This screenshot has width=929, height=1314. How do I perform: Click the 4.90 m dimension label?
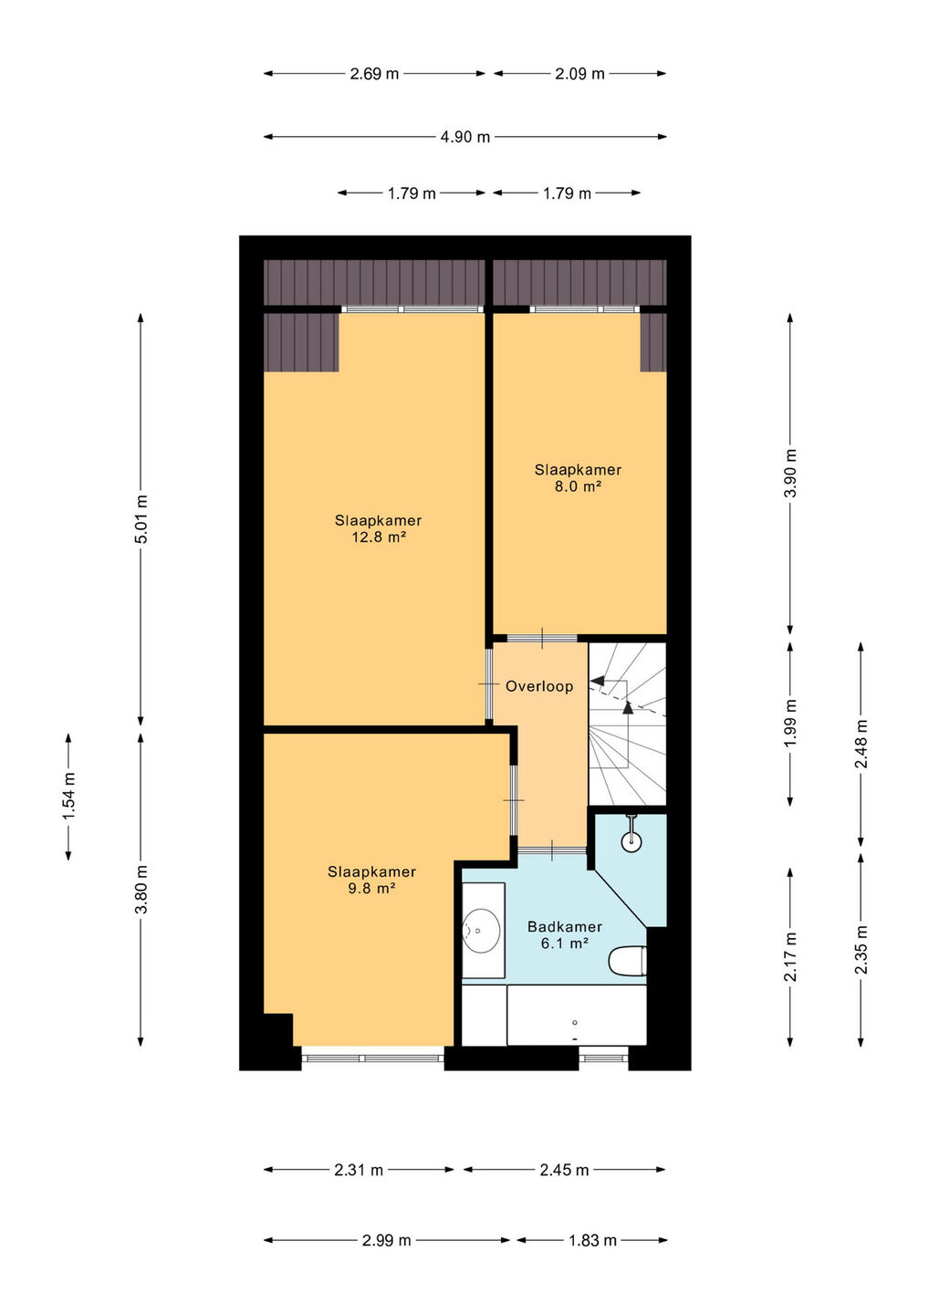465,137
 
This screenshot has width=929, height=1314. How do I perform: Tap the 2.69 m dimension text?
374,74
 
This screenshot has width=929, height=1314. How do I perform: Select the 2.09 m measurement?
579,74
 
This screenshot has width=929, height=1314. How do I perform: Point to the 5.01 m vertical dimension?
141,520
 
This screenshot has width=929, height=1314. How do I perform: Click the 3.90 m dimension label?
790,473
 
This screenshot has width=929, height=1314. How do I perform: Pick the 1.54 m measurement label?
69,798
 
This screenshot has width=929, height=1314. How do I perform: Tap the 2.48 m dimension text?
861,744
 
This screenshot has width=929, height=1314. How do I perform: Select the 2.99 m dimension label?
386,1241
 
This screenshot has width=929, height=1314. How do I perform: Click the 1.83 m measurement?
592,1241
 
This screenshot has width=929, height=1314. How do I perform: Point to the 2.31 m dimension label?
359,1170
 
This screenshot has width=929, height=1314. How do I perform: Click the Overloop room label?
539,686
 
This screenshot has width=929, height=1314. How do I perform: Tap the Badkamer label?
564,927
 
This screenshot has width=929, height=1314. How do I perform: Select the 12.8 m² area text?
379,537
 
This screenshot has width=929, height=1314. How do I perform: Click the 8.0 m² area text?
579,486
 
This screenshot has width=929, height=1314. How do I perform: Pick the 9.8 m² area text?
371,888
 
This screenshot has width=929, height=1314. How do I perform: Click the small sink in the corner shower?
632,841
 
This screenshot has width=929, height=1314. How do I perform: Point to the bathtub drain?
575,1022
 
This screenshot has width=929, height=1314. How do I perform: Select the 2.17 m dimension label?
790,956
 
